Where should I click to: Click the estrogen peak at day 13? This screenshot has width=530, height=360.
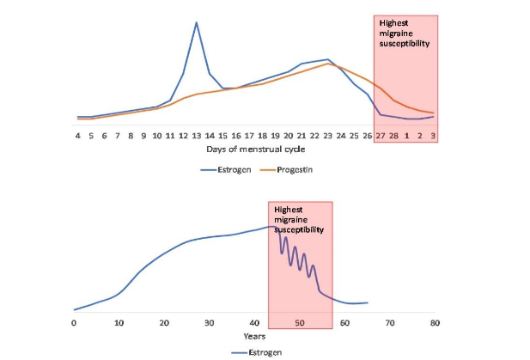coord(197,22)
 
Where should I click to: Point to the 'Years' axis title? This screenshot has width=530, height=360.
coord(253,336)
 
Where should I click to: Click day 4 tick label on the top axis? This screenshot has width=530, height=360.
coord(77,135)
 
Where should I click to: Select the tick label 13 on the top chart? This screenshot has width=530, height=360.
coord(197,135)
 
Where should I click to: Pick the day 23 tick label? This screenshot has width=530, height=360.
coord(328,135)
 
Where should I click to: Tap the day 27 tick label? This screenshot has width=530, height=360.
coord(381,135)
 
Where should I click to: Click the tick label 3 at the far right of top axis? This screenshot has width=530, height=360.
coord(433,135)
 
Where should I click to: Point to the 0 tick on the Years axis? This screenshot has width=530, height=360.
coord(74,323)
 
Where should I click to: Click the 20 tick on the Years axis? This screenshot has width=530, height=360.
coord(164,323)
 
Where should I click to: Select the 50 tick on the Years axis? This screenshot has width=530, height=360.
coord(299,323)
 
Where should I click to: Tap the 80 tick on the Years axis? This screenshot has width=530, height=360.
coord(435,323)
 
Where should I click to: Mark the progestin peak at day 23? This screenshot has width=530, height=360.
coord(328,64)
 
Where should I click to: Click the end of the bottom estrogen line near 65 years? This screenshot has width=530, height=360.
coord(367,302)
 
